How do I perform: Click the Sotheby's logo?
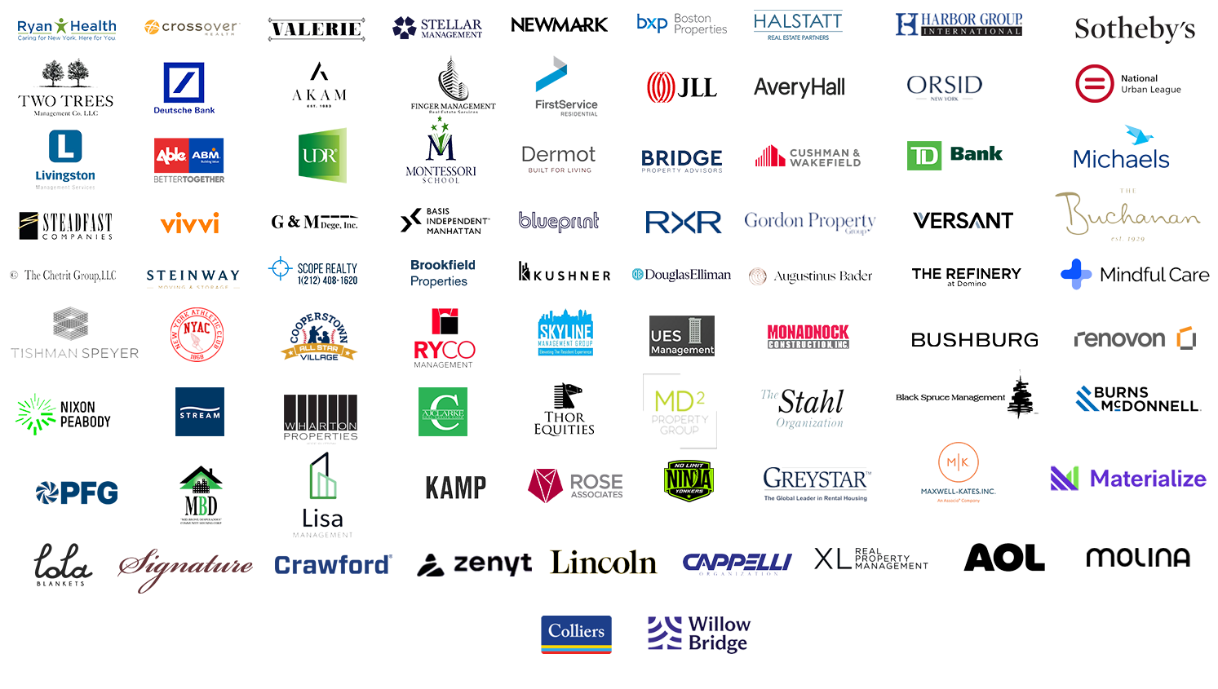click(1135, 29)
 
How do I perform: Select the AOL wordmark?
click(1004, 559)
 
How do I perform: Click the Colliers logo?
click(576, 632)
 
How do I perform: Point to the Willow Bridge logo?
click(701, 634)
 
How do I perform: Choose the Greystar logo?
click(815, 479)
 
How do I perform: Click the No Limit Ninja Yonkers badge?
click(689, 479)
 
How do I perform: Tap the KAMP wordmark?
click(455, 488)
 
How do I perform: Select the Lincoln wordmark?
click(603, 563)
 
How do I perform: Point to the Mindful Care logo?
click(1135, 274)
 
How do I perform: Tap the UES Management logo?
click(682, 340)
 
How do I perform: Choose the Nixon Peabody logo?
click(64, 415)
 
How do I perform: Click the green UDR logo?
click(320, 155)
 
